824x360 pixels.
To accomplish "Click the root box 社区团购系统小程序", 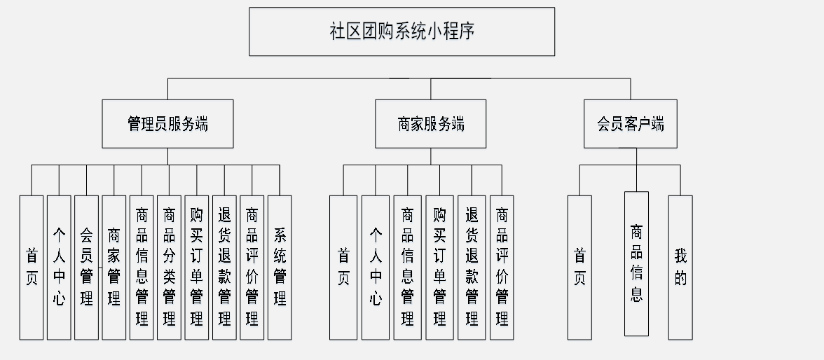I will pos(401,32).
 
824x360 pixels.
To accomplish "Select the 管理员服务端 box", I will pos(167,124).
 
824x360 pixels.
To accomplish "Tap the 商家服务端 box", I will pos(430,124).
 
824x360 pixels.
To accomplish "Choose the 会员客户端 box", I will pos(630,124).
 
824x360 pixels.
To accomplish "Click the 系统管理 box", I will pos(280,267).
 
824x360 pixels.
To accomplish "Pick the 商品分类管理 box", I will pos(169,267).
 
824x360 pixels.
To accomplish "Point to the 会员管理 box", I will pos(86,267).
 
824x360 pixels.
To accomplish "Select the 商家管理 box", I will pos(114,267).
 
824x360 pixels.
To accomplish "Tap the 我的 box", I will pos(680,267).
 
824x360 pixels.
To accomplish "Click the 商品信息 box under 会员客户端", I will pos(636,263).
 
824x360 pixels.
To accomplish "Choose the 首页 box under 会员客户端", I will pos(579,267).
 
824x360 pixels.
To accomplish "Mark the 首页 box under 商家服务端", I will pos(343,267).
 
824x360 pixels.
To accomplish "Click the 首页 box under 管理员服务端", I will pos(32,267).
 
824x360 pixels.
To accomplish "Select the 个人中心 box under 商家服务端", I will pos(376,267).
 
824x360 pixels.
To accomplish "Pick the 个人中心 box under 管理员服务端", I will pos(59,267).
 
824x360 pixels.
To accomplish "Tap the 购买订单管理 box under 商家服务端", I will pos(439,267).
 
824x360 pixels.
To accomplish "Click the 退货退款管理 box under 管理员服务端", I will pos(224,267).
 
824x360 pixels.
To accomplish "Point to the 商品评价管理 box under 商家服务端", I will pos(502,267).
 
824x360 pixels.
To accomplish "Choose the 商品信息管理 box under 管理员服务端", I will pos(142,267).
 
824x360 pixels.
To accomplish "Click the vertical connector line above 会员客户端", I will pos(630,89).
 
